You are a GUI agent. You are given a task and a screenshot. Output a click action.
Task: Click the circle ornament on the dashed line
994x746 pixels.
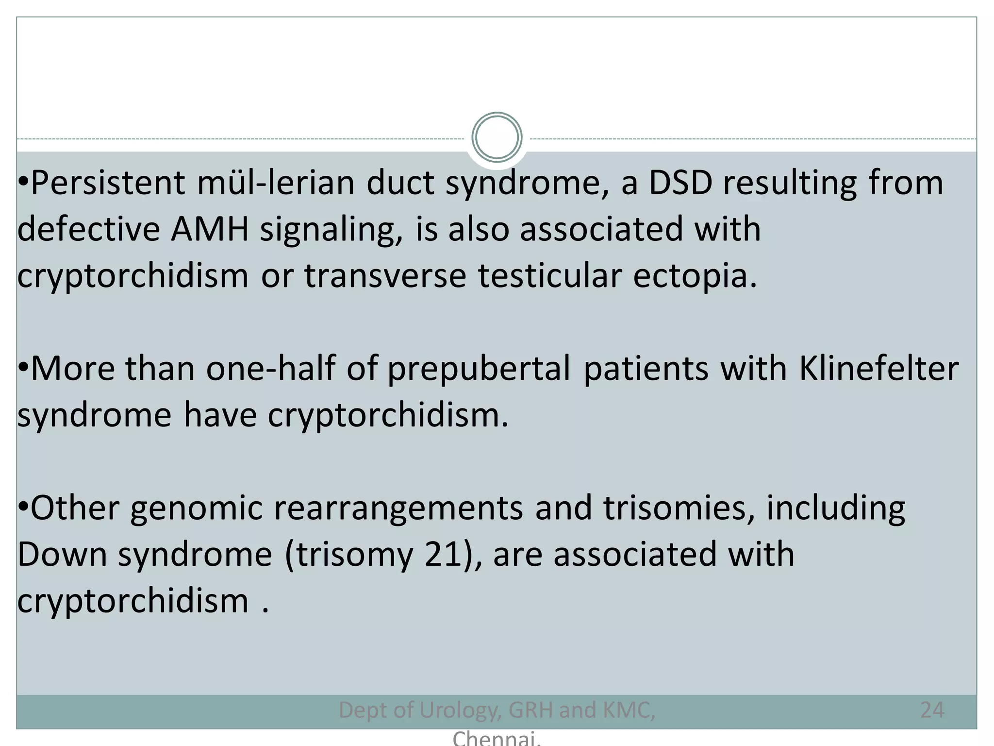tap(497, 137)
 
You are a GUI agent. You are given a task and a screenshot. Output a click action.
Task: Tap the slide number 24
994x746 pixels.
tap(932, 710)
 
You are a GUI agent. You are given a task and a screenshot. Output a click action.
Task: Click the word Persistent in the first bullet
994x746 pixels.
tap(108, 183)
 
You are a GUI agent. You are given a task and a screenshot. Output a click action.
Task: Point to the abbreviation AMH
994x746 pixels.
tap(210, 229)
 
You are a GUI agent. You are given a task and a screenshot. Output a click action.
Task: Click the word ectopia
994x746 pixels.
tap(695, 275)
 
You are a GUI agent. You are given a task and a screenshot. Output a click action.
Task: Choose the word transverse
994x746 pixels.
tap(385, 275)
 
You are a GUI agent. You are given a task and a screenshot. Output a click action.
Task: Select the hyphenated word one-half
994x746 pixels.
tap(270, 368)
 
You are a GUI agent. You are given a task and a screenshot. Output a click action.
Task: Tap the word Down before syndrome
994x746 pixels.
tap(62, 554)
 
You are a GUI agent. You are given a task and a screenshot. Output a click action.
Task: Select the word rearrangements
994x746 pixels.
tap(398, 509)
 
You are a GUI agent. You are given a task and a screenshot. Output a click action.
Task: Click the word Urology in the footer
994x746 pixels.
tap(459, 710)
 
